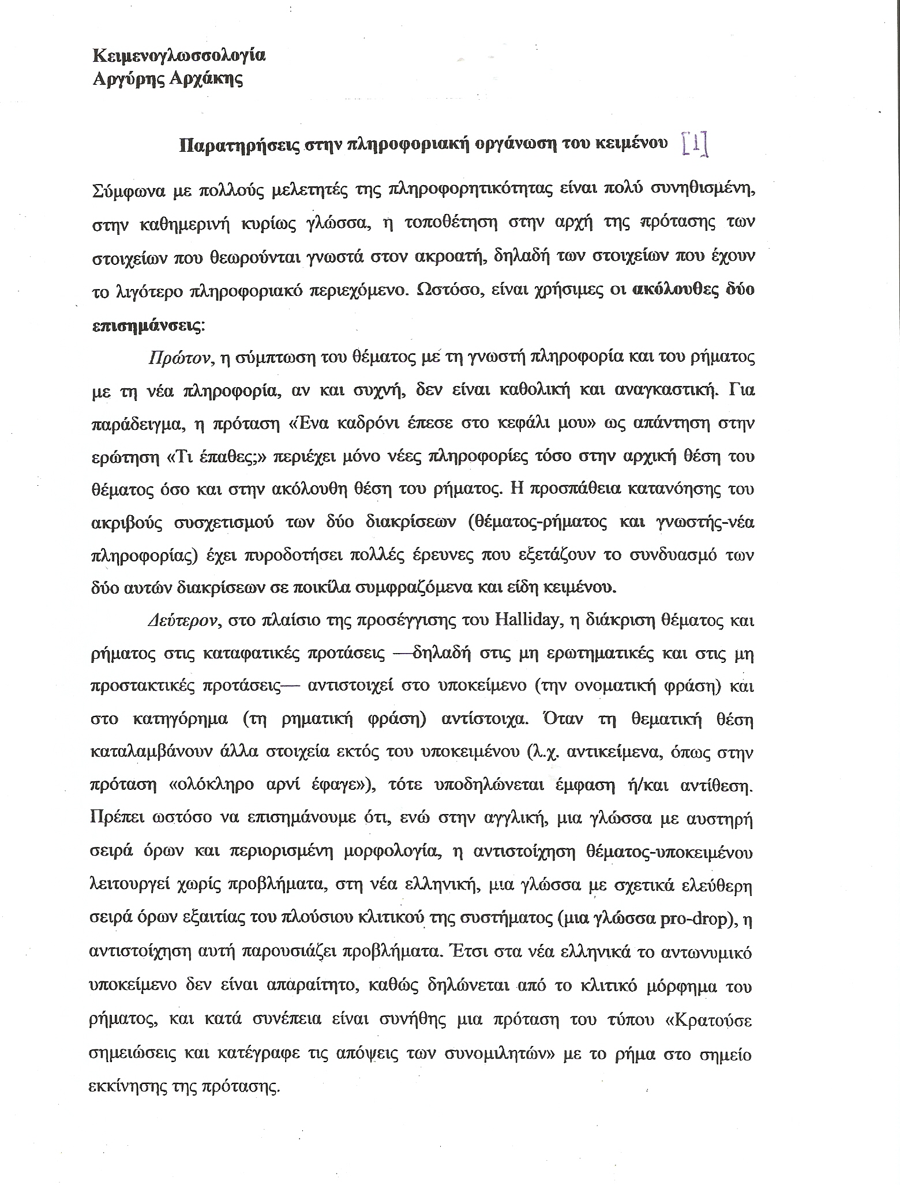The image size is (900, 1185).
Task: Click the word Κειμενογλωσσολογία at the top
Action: pyautogui.click(x=179, y=57)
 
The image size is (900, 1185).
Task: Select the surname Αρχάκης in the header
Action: pyautogui.click(x=208, y=78)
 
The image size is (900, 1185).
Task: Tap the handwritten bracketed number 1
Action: pyautogui.click(x=695, y=145)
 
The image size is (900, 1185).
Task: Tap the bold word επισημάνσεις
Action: pyautogui.click(x=147, y=325)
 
